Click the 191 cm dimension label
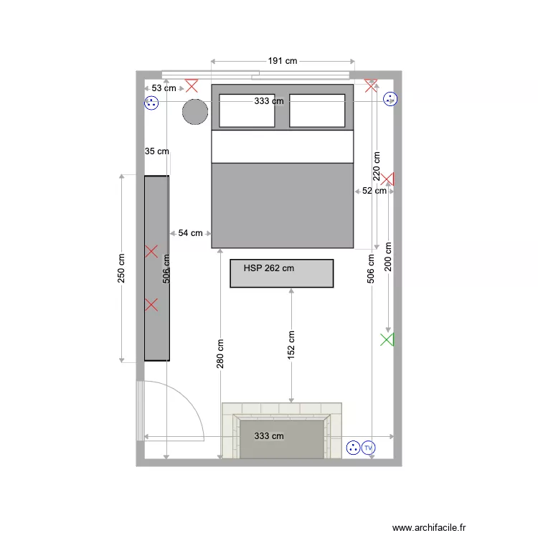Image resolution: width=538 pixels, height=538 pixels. [x=283, y=61]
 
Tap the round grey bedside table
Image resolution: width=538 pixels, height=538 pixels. [x=195, y=112]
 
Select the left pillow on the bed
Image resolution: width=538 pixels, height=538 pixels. [x=247, y=111]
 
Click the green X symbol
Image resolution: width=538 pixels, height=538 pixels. [x=387, y=340]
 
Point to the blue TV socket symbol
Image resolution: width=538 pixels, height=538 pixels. [x=369, y=448]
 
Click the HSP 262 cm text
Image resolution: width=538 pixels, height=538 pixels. [x=269, y=269]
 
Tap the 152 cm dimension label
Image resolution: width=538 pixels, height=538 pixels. [x=291, y=346]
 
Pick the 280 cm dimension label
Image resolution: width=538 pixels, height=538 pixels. [x=220, y=354]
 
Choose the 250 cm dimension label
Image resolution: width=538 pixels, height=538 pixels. [x=121, y=268]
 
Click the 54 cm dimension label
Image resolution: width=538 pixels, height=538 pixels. [x=191, y=233]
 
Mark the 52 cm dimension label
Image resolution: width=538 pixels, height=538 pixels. [x=374, y=191]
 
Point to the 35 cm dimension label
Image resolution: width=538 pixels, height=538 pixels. [x=157, y=151]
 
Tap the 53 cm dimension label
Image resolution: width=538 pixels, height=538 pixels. [x=164, y=88]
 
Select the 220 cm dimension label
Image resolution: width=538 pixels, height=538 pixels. [x=376, y=165]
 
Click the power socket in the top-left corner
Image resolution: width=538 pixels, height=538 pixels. [x=151, y=103]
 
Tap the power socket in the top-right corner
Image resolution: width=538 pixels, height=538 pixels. [x=390, y=100]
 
